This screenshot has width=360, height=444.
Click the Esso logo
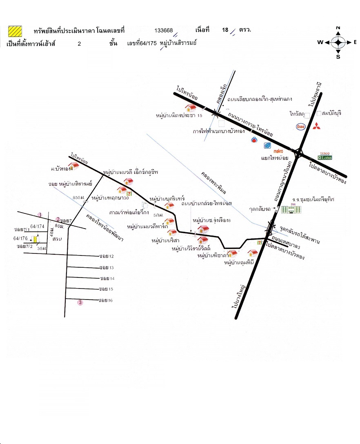point(301,127)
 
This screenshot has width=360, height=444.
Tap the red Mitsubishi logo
point(316,126)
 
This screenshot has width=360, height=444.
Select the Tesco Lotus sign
point(325,155)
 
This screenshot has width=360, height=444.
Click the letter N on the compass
point(338,28)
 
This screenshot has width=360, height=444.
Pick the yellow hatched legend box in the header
point(16,31)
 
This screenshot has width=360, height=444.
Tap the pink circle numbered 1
point(40,215)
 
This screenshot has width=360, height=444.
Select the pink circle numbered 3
point(80,302)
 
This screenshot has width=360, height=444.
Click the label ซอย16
point(106,300)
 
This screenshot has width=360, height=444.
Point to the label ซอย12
point(106,256)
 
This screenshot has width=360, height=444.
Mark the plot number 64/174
point(37,226)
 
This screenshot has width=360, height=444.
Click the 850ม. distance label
point(78,198)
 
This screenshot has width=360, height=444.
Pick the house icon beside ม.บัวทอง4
point(73,165)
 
